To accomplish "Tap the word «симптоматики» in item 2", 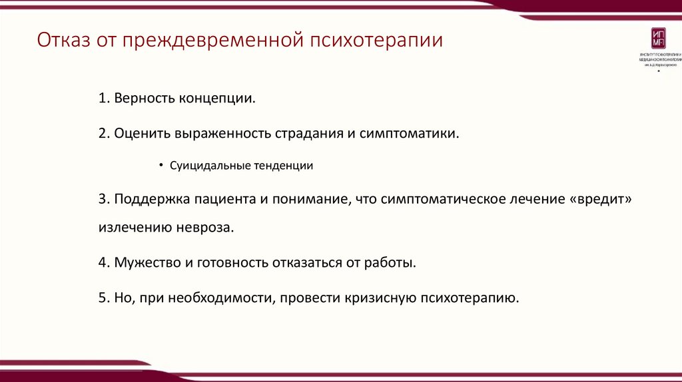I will point(409,133).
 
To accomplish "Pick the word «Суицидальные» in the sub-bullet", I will point(209,166).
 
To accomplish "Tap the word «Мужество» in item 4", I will point(147,262).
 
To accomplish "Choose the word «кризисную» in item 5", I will point(380,297).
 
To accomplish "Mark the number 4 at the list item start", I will point(103,262).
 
